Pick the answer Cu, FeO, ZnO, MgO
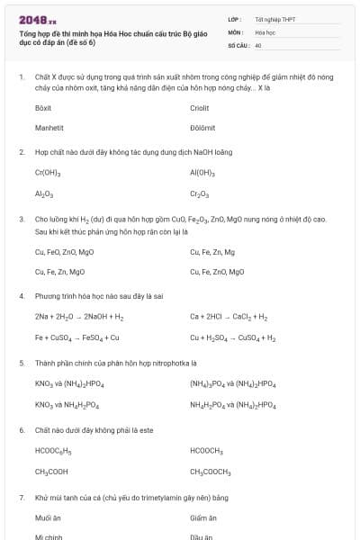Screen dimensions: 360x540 coord(65,251)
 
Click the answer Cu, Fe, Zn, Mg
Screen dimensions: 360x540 coord(212,251)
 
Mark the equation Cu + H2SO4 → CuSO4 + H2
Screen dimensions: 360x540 coord(233,337)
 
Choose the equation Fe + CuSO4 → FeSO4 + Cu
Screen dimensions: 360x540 coord(76,337)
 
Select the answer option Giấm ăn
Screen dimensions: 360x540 coord(203,517)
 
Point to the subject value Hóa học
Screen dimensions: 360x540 coord(265,31)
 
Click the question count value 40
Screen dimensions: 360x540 coord(258,44)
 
